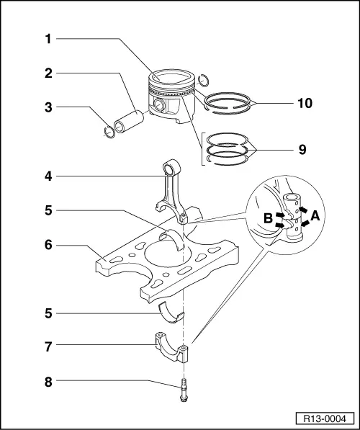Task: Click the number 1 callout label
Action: [47, 40]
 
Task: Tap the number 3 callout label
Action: [47, 108]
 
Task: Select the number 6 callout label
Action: [47, 246]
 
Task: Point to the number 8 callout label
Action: [47, 381]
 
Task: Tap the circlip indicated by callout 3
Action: [110, 130]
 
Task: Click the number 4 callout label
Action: [47, 175]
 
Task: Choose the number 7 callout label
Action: [47, 347]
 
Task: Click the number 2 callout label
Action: [47, 73]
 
